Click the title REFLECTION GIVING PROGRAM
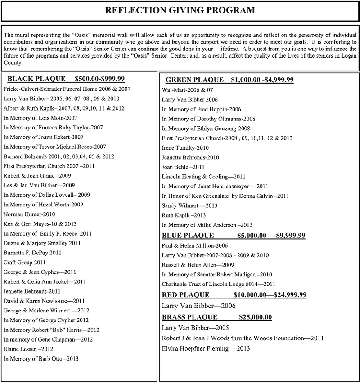tap(180, 10)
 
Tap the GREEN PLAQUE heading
tap(194, 80)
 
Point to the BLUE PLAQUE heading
tap(188, 235)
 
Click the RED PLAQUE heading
tap(185, 295)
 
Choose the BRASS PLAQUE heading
tap(189, 317)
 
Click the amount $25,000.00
tap(255, 317)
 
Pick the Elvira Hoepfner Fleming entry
tap(206, 348)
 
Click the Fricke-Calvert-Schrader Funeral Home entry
tap(67, 89)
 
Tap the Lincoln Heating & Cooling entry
tap(203, 176)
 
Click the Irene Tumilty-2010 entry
tap(185, 147)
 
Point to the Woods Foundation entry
tap(242, 338)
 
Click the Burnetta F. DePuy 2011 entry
tap(33, 253)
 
